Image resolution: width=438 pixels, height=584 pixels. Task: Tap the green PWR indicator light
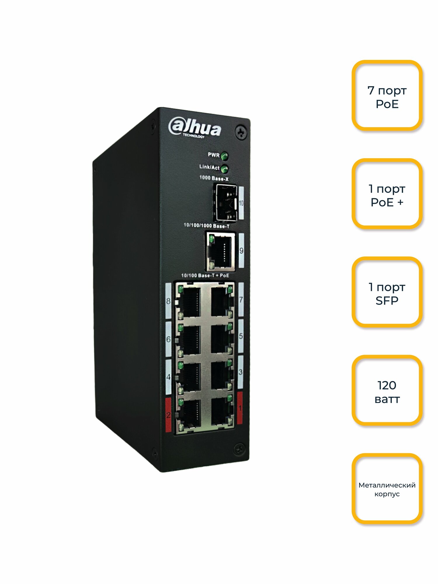click(x=224, y=156)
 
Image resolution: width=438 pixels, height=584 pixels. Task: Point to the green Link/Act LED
click(x=224, y=169)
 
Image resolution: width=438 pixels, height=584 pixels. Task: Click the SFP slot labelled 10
click(x=226, y=202)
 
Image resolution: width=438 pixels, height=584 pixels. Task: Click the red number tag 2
click(x=168, y=415)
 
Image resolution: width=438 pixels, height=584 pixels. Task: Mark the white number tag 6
click(x=168, y=339)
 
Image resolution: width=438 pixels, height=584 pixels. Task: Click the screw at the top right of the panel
click(x=241, y=133)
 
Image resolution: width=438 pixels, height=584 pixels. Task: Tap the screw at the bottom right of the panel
click(x=239, y=449)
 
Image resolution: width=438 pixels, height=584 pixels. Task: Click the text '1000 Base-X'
click(x=214, y=178)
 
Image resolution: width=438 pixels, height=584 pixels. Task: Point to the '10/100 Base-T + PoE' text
click(x=205, y=275)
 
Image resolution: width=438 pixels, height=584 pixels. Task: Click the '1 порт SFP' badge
click(x=387, y=292)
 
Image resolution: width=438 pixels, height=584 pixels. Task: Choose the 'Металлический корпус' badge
click(x=387, y=489)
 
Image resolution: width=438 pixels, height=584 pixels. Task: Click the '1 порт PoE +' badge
click(x=387, y=194)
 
